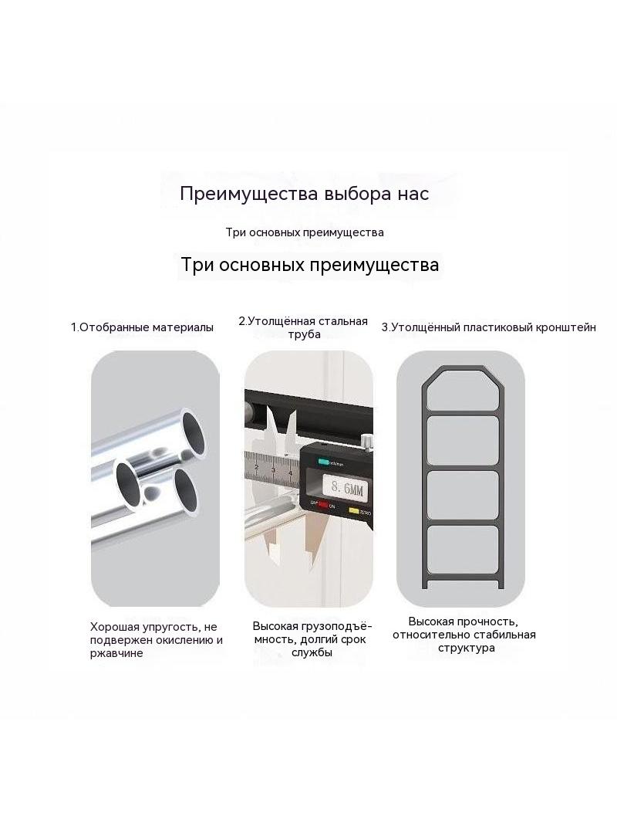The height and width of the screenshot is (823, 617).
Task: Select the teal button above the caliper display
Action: click(322, 462)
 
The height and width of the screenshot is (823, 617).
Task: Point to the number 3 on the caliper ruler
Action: click(273, 469)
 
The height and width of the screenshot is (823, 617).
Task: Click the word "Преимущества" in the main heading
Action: click(248, 194)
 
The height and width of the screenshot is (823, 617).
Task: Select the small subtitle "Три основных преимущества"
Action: click(305, 232)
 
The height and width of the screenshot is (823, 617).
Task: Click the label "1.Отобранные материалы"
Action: click(142, 327)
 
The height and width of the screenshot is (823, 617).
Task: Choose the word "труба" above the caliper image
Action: click(304, 335)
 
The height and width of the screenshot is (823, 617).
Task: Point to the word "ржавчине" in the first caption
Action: click(116, 653)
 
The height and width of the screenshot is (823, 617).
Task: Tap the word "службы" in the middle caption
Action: click(312, 653)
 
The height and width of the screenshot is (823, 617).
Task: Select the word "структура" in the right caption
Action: click(467, 649)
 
